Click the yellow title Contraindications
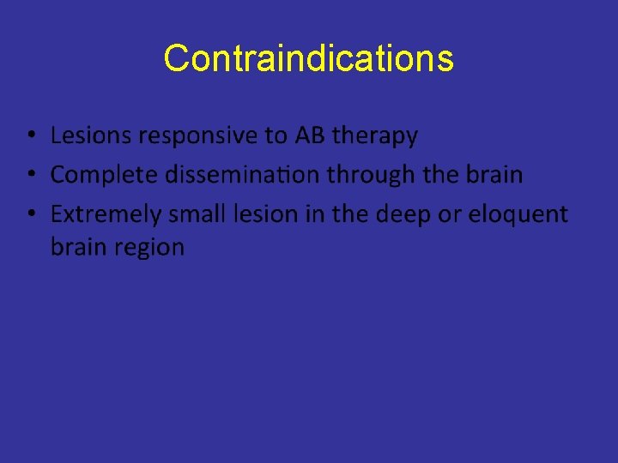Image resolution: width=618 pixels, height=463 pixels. coord(308,58)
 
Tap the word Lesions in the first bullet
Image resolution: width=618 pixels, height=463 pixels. coord(84,135)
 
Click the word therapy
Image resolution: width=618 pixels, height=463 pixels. coord(375,136)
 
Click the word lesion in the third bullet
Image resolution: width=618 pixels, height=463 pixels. coord(257,213)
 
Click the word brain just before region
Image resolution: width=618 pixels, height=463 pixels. coord(75,248)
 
